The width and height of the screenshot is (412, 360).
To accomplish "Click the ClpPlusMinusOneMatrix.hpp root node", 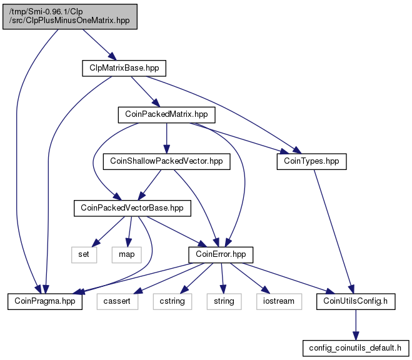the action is (70, 16).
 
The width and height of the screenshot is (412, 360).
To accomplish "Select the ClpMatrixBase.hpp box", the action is (124, 68).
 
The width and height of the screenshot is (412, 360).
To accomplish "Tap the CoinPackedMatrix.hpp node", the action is (166, 114).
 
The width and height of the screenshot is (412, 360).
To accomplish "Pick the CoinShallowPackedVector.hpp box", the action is (166, 161).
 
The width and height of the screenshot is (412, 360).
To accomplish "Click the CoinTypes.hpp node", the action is (311, 161).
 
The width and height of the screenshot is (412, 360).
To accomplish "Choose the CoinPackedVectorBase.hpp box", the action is (133, 208).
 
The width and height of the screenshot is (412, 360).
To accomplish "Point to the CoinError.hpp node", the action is (221, 255).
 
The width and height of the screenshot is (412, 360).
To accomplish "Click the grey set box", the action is (84, 255).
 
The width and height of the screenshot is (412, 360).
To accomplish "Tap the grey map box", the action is (127, 255).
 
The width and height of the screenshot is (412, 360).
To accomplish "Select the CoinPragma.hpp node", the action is (45, 301).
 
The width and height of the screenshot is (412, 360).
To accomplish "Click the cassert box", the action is (117, 301).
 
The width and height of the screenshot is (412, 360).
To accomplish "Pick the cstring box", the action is (173, 301).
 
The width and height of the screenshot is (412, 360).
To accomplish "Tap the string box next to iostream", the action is (224, 301).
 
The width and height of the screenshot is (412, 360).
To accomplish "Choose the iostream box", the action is (279, 301).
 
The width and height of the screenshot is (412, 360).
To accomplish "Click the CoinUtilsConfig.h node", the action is (356, 301).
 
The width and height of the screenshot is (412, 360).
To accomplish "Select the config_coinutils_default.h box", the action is (356, 349).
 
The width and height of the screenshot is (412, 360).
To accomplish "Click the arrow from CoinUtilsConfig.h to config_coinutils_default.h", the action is (356, 325).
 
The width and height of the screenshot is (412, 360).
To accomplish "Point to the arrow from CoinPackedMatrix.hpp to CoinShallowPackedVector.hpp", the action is (166, 138).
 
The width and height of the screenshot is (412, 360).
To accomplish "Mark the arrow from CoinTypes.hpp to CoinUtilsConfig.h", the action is (334, 232).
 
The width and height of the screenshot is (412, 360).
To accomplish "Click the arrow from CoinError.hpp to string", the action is (223, 278).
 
